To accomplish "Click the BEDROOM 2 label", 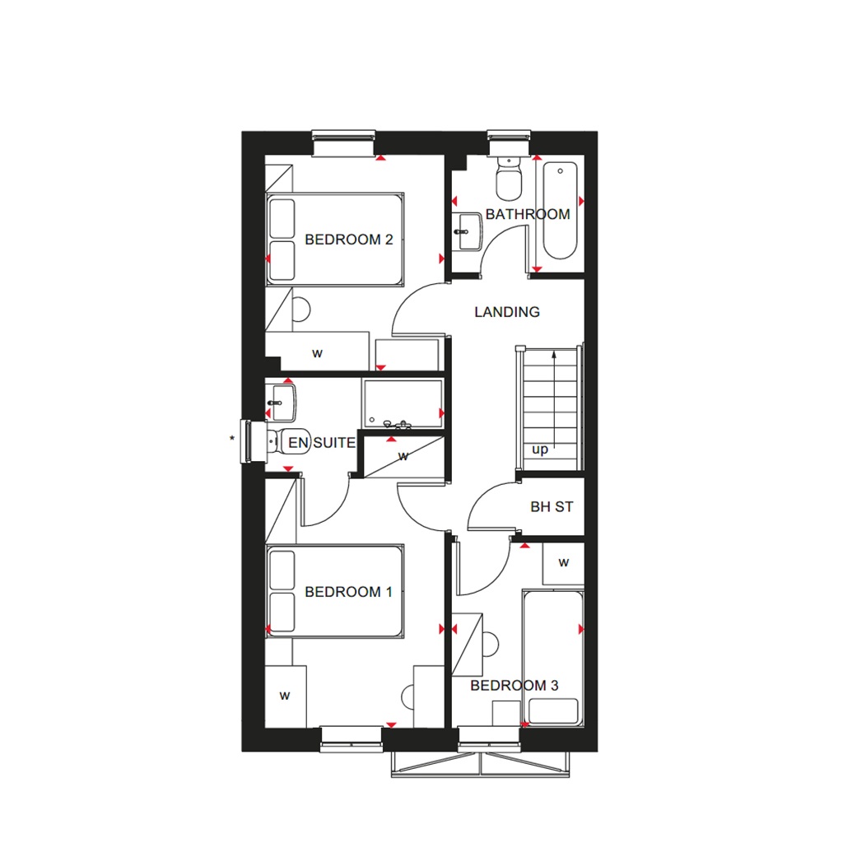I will coord(348,240).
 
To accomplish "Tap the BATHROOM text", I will coord(528,214).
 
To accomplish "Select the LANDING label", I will coord(507,312).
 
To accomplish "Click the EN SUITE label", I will coord(321,443).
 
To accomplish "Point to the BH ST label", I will coord(552,507).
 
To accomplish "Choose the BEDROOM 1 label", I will coord(348,592).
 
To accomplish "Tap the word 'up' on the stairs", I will coord(540,449).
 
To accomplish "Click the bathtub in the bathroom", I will coord(561,211).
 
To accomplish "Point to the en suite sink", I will coord(277,402).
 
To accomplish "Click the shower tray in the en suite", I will coord(403,404).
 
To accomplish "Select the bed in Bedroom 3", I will coord(552,659).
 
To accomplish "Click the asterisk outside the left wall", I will coord(232,438).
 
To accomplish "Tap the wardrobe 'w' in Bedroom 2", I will coord(317,353).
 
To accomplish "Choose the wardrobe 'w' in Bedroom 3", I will coord(564,563).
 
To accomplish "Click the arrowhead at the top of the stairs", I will coord(554,355).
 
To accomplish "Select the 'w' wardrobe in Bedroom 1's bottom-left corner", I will coord(285,696).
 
